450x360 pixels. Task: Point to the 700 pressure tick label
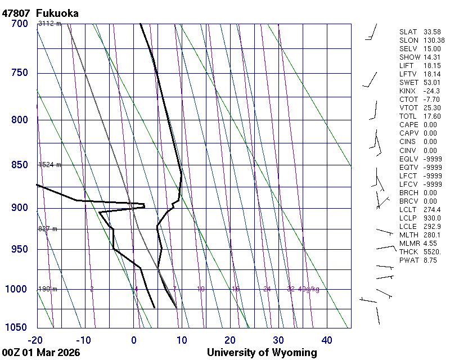coord(19,24)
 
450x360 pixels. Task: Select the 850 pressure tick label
coord(19,165)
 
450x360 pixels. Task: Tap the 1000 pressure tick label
coord(16,289)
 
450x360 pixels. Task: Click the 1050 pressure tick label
coord(16,327)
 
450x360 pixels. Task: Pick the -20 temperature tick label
coord(35,340)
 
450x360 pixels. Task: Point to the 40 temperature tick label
coord(327,340)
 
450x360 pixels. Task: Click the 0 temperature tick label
coord(134,340)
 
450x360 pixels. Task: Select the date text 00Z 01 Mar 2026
coord(40,353)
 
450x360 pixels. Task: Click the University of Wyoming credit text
coord(262,353)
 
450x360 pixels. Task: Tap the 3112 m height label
coord(49,24)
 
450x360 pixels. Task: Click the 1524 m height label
coord(49,165)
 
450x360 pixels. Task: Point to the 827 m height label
coord(48,229)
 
